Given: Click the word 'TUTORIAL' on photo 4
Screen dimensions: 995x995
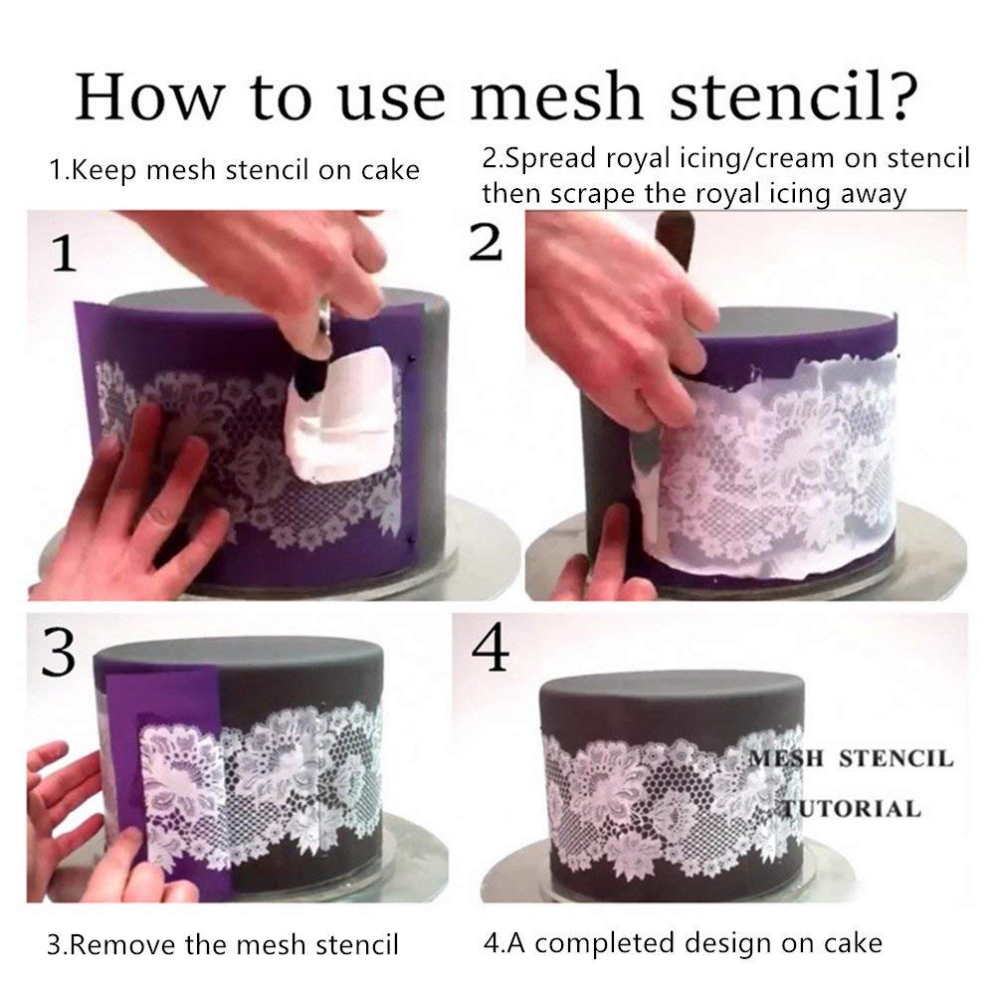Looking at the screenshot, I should click(x=853, y=807).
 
